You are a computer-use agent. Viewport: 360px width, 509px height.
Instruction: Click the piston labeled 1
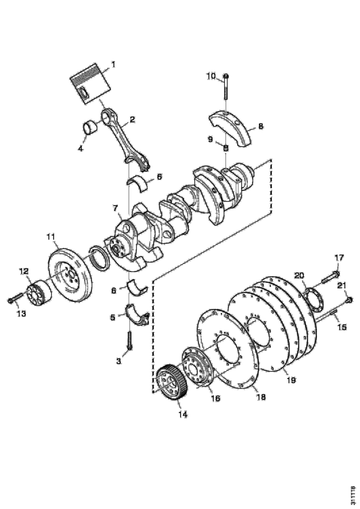(x=90, y=84)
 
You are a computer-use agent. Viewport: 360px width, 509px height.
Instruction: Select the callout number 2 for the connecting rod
(x=132, y=119)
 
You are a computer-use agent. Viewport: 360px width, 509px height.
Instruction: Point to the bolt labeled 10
(x=226, y=86)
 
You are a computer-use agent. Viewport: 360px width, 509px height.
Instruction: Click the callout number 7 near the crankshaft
(x=115, y=208)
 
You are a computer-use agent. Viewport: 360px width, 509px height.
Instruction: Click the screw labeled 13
(x=15, y=298)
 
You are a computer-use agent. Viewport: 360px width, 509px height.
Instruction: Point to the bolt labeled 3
(x=129, y=340)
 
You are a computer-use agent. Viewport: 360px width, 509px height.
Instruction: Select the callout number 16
(x=215, y=398)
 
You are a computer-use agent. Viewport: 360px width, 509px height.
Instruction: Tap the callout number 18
(x=261, y=397)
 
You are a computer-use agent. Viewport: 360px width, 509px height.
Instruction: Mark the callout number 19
(x=291, y=380)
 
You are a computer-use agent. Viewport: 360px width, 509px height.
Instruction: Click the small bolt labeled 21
(x=349, y=299)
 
